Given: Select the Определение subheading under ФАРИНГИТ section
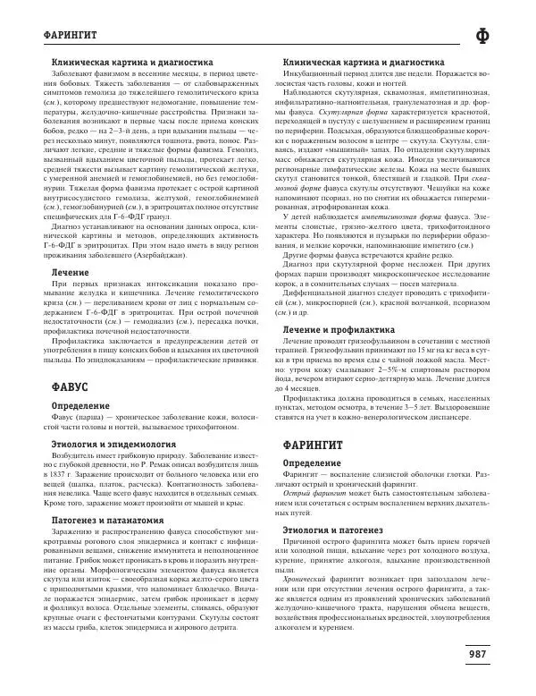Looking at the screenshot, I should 313,463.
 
